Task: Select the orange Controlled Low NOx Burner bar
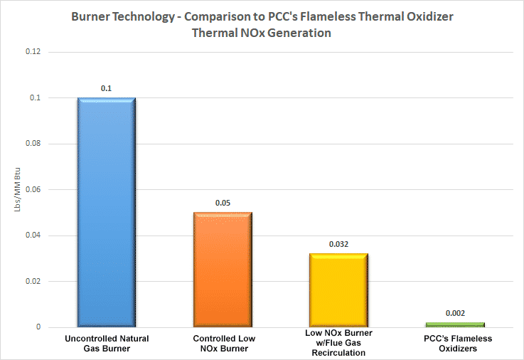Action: (223, 270)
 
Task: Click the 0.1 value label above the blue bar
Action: (106, 88)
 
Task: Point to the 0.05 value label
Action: (223, 203)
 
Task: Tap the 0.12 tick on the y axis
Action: (33, 53)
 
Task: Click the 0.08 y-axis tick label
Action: (33, 144)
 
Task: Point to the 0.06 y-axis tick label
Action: (33, 190)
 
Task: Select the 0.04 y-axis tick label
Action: (33, 235)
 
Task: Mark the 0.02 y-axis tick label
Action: (33, 282)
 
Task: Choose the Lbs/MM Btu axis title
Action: (11, 190)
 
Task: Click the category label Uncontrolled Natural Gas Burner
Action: (106, 343)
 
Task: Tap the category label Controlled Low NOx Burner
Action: (223, 343)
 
